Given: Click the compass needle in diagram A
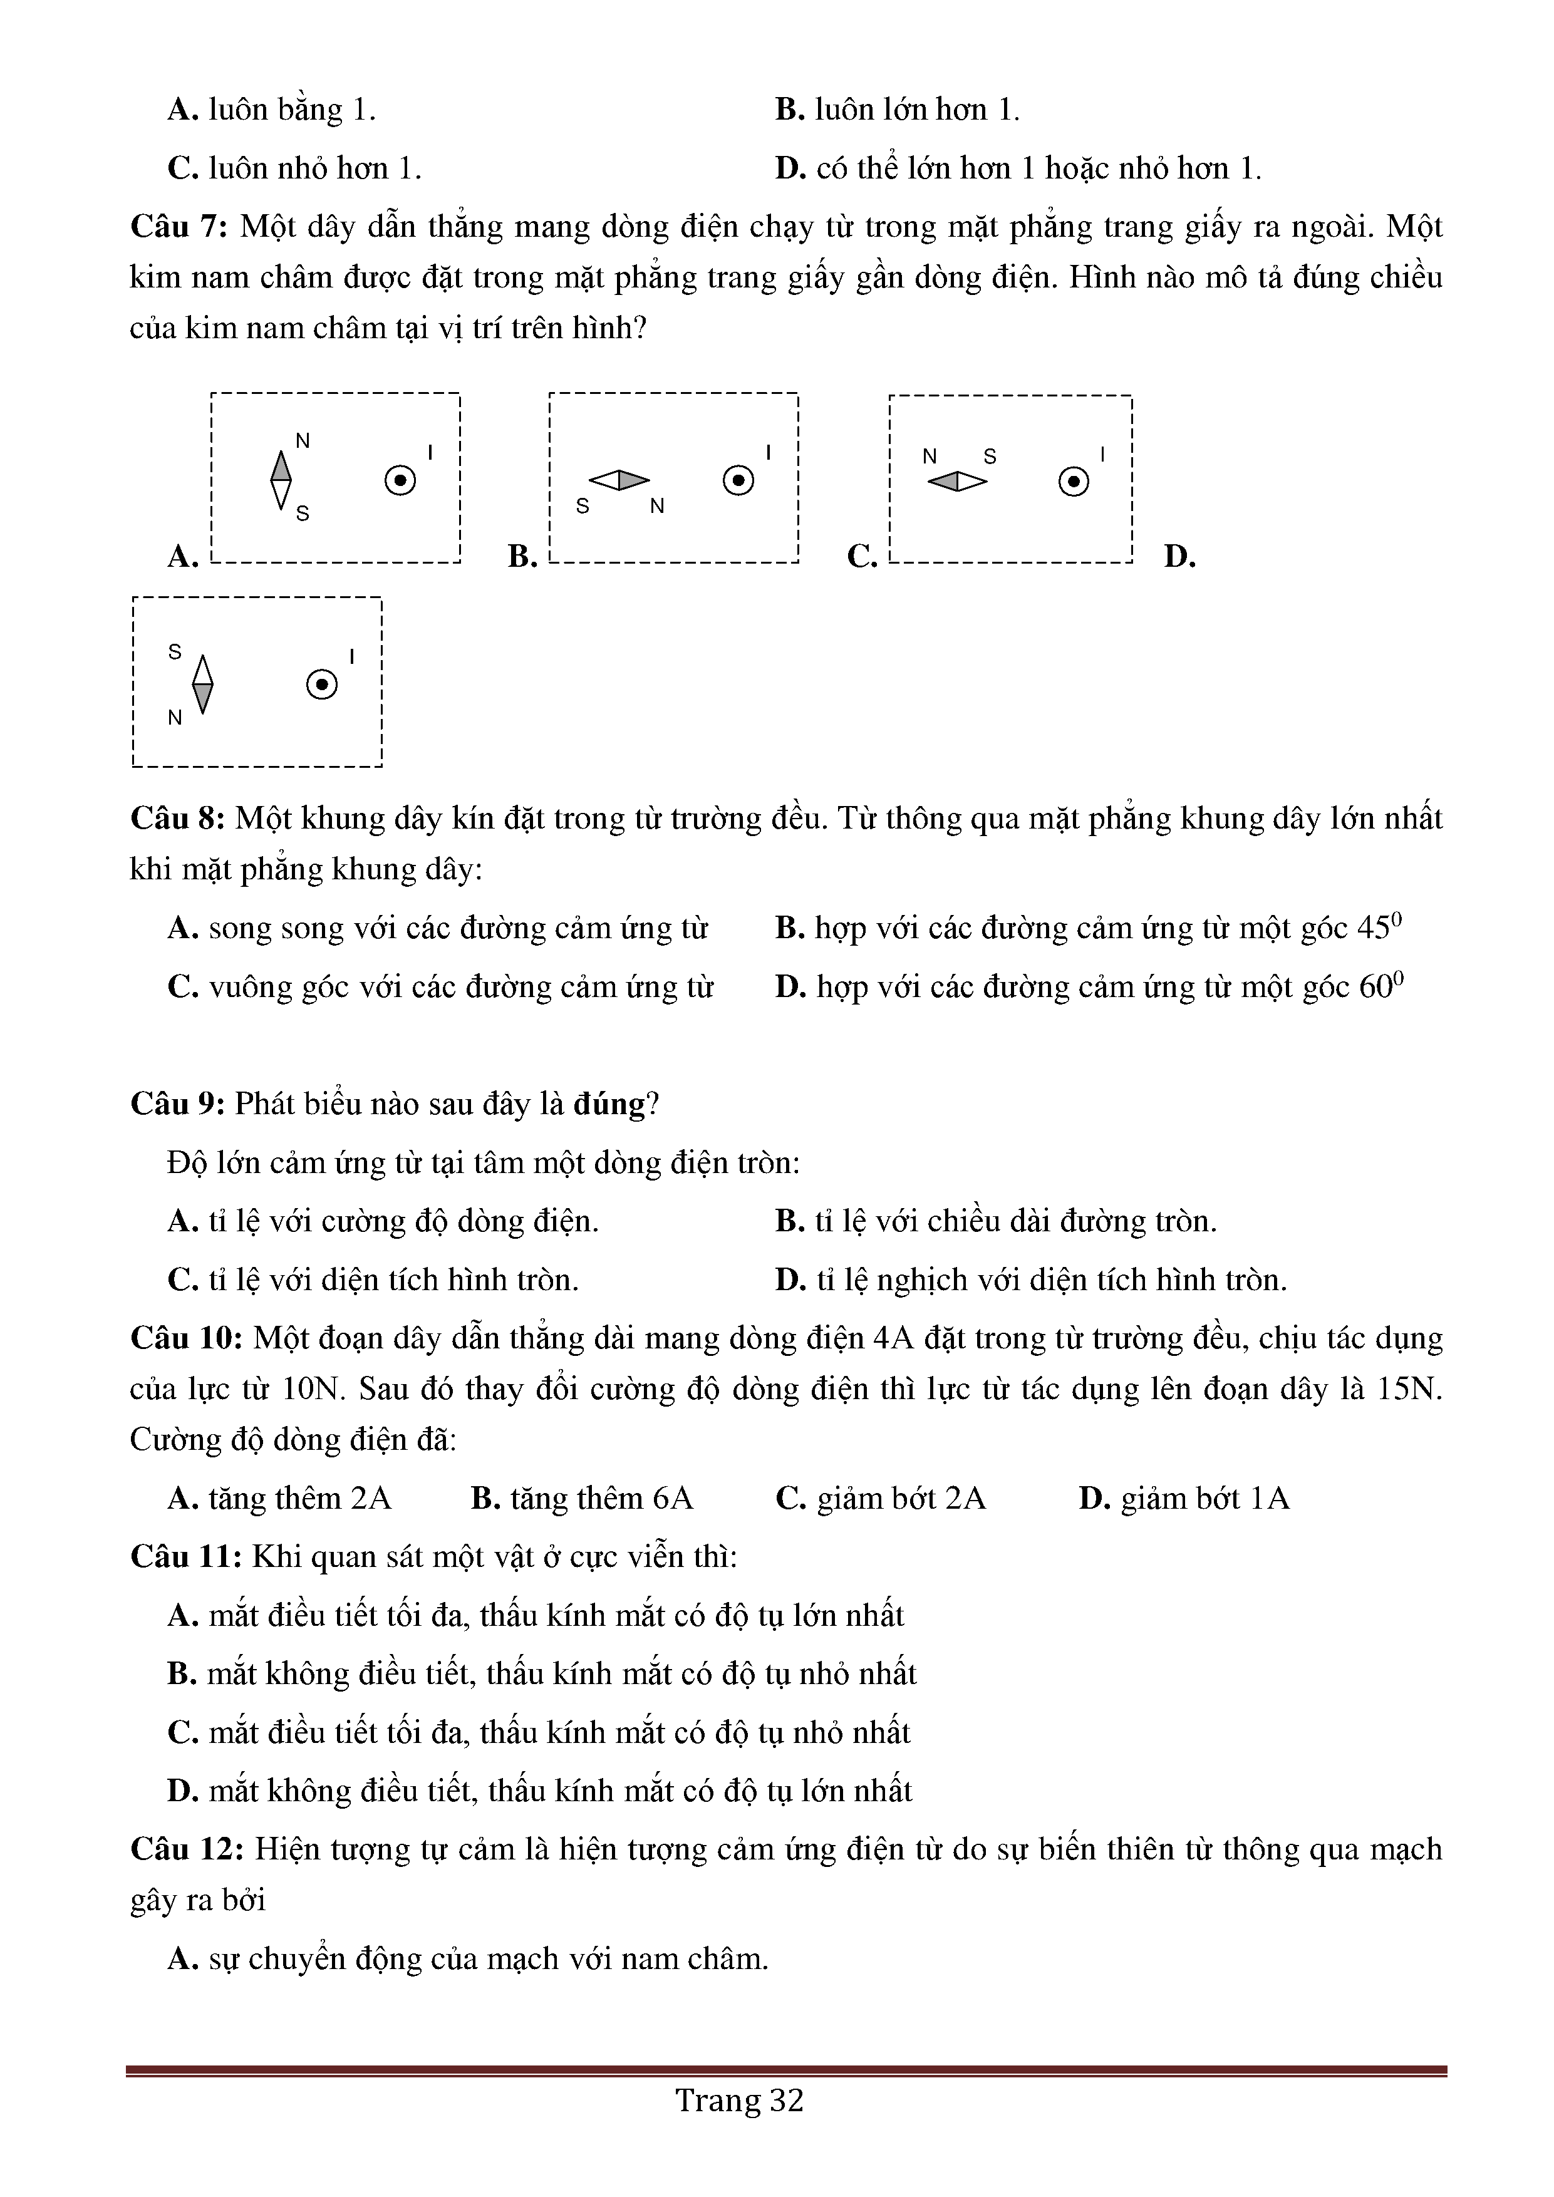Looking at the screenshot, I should (x=281, y=480).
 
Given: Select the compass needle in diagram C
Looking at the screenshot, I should (x=957, y=482).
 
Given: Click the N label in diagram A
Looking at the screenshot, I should (x=303, y=441).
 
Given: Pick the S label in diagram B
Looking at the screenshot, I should (x=582, y=506).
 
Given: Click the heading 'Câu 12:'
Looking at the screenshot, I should (x=187, y=1849).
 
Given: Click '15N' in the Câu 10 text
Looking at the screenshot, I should (x=1409, y=1389).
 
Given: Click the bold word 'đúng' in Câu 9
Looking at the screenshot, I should (x=609, y=1104).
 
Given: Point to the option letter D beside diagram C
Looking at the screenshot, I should (x=1179, y=556).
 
